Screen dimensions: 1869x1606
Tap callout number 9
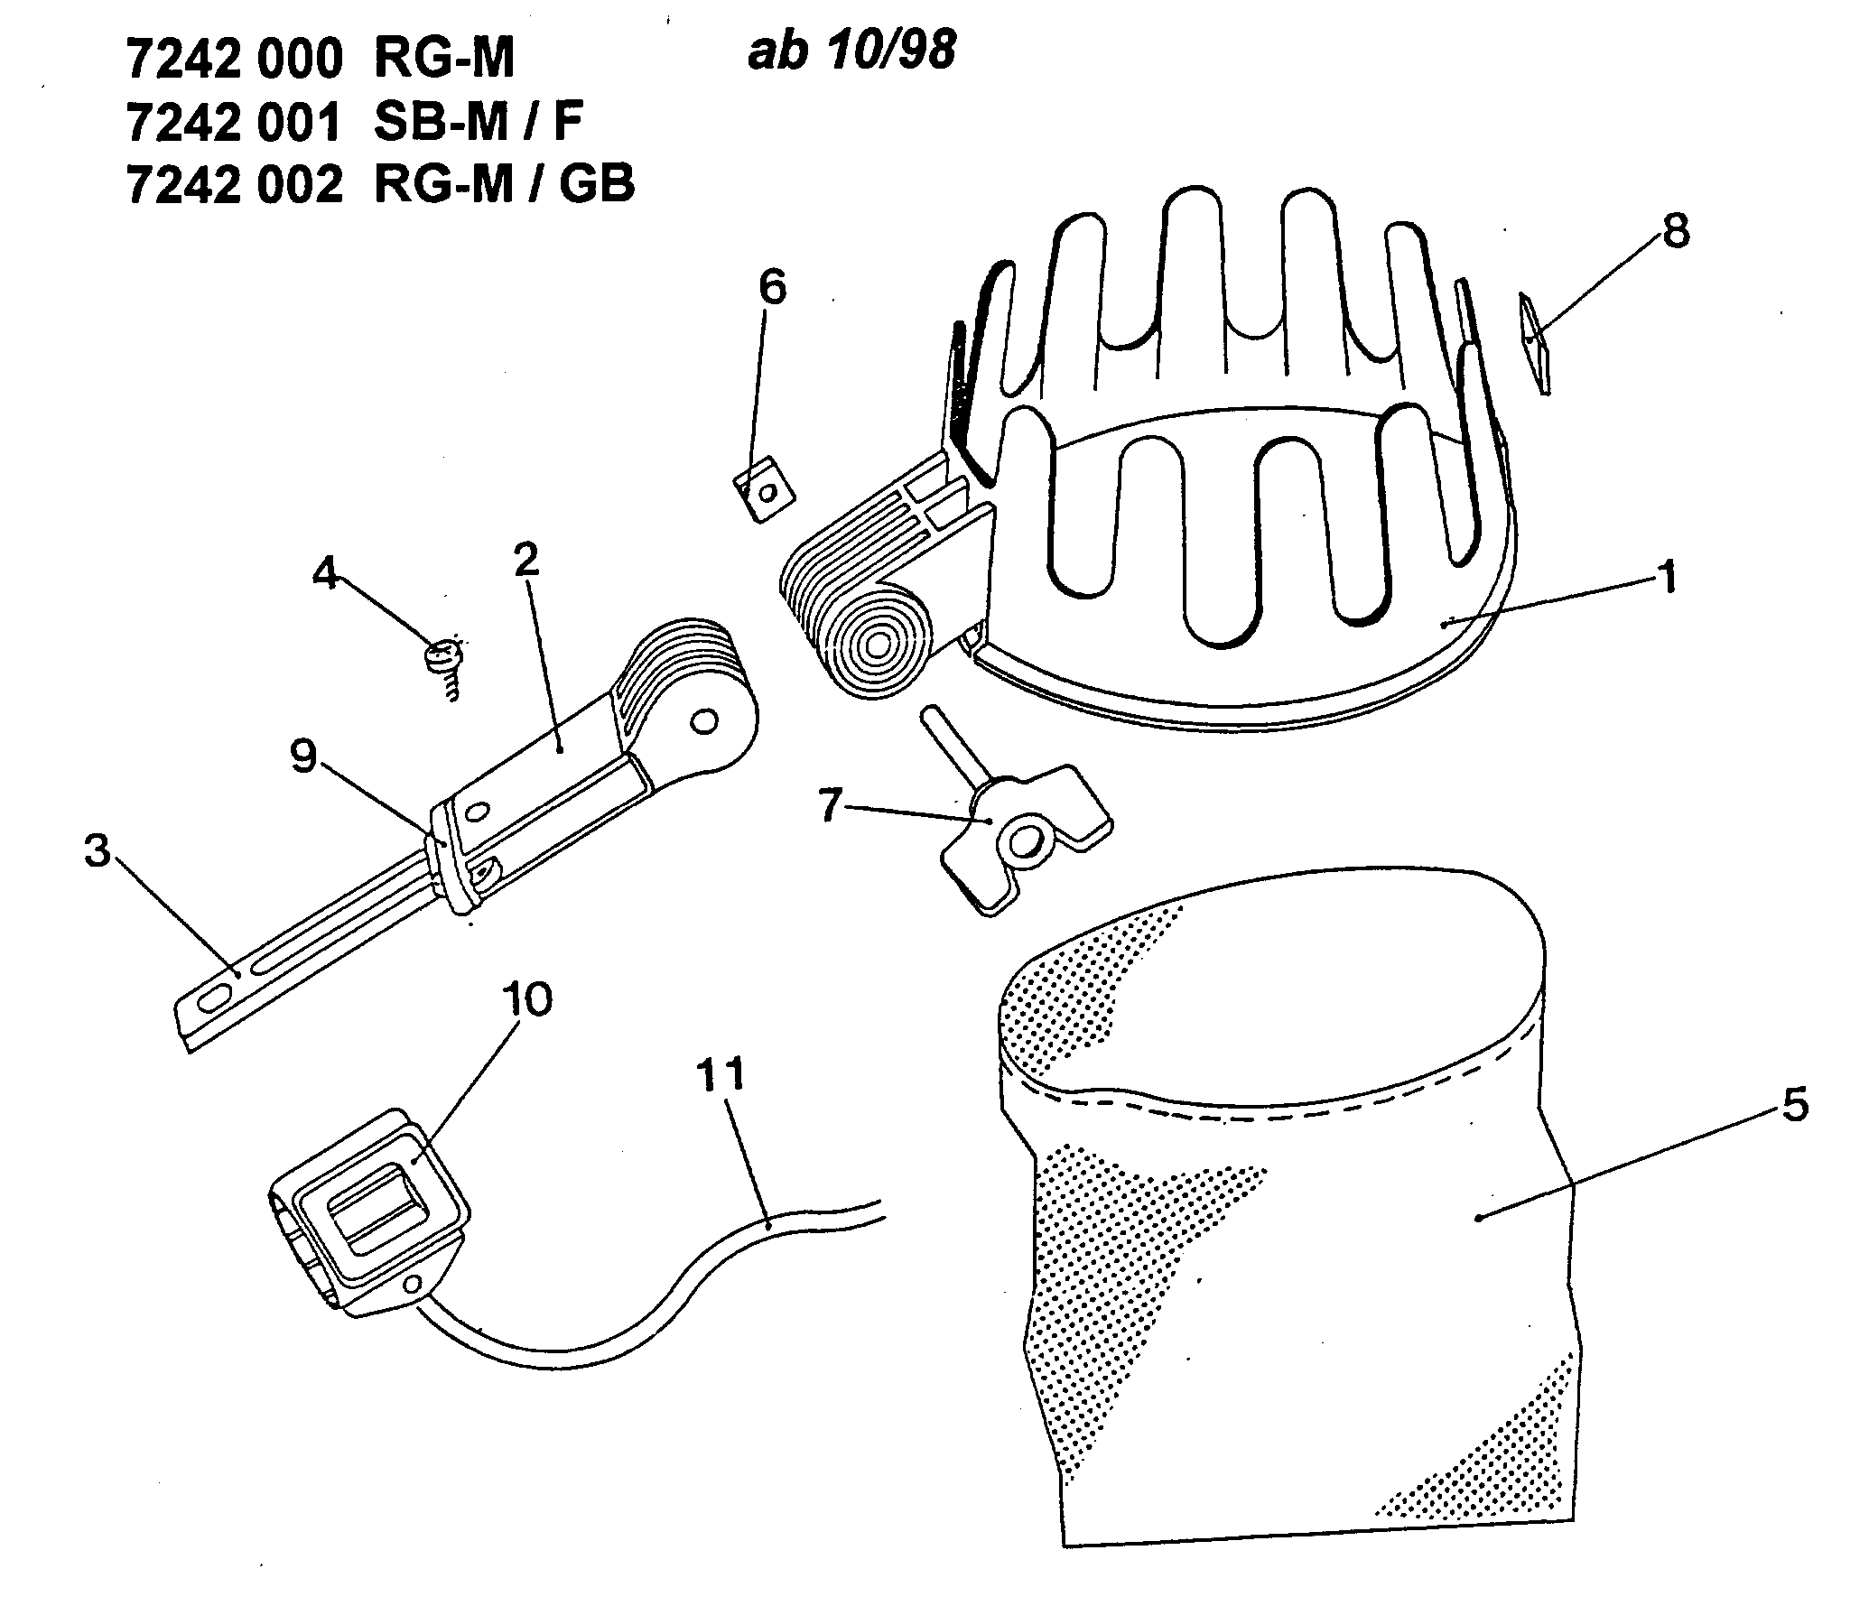coord(304,757)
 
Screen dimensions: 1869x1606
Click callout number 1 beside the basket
coord(1668,576)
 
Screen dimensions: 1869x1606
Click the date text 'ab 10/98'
coord(851,51)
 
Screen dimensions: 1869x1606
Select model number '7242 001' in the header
coord(235,123)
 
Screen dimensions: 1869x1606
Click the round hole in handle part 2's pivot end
coord(703,721)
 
